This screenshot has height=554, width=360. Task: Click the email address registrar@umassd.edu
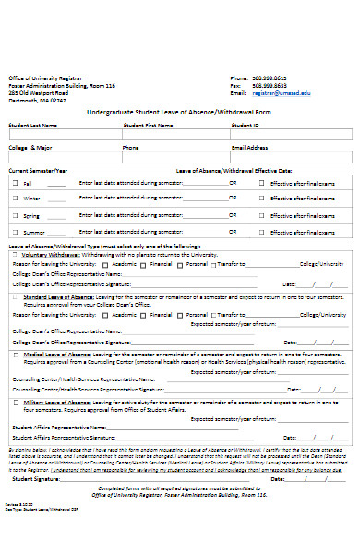point(282,93)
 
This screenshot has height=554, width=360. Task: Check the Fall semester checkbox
point(15,183)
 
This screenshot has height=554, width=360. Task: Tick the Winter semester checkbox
point(15,199)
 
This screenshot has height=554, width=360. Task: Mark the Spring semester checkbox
point(15,215)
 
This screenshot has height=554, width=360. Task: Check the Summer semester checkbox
point(15,231)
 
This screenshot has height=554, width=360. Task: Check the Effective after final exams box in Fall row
point(263,183)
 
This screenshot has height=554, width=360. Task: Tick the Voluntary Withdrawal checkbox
point(15,254)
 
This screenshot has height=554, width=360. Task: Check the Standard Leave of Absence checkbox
point(15,298)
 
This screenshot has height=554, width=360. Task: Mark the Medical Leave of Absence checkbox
point(15,355)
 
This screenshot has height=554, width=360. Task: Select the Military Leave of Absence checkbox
point(15,403)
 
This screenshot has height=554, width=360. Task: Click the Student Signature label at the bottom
point(31,480)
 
